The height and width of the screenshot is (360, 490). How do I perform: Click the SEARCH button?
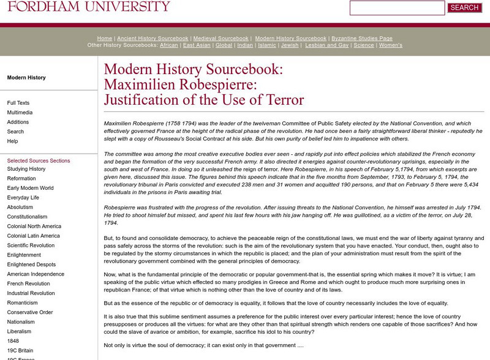point(464,8)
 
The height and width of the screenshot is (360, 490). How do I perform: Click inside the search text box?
point(397,8)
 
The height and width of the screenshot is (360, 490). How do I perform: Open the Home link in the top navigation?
point(105,39)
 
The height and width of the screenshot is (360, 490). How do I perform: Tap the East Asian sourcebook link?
point(197,45)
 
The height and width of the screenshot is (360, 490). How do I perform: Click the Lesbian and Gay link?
point(327,45)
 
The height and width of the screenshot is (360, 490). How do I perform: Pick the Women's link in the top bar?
point(391,45)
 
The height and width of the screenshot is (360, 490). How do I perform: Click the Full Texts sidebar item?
point(18,103)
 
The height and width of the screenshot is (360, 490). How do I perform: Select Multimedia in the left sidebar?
point(20,113)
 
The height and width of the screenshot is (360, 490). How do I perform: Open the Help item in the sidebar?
point(12,141)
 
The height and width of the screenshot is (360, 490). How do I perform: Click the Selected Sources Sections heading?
point(39,161)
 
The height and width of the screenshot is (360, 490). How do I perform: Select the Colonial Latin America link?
point(34,236)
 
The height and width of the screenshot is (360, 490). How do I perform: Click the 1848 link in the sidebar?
point(13,340)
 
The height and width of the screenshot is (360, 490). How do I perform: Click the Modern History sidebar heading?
point(26,78)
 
